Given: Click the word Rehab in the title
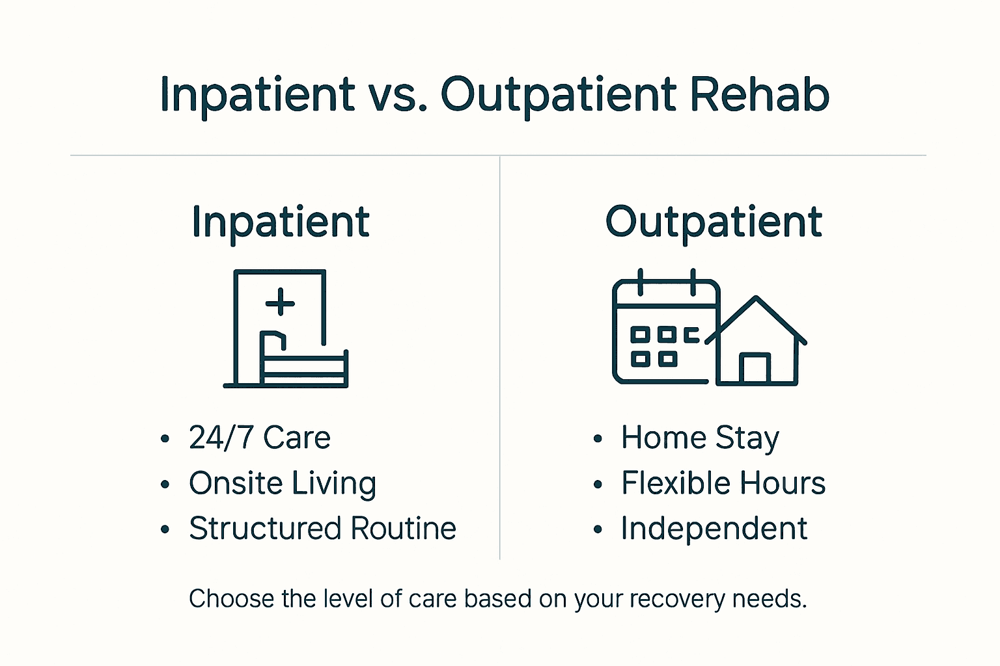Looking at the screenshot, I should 759,95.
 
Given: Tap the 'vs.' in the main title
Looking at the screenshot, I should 398,95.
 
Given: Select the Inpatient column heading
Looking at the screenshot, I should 281,222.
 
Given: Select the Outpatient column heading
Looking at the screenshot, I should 714,222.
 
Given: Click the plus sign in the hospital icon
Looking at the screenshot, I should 281,303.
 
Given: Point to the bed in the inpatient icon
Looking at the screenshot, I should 303,367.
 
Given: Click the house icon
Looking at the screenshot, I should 757,345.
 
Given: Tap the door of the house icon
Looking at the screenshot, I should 755,369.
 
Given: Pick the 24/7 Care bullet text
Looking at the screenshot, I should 259,438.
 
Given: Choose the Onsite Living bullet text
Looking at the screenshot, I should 283,483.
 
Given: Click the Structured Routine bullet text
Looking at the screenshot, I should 322,528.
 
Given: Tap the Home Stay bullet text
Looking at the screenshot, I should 700,438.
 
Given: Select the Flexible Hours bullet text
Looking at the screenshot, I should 723,483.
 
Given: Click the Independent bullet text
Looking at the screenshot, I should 714,528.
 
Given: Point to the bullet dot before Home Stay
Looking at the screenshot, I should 598,439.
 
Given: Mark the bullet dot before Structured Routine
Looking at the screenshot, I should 165,529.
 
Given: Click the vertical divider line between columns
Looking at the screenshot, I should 499,358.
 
